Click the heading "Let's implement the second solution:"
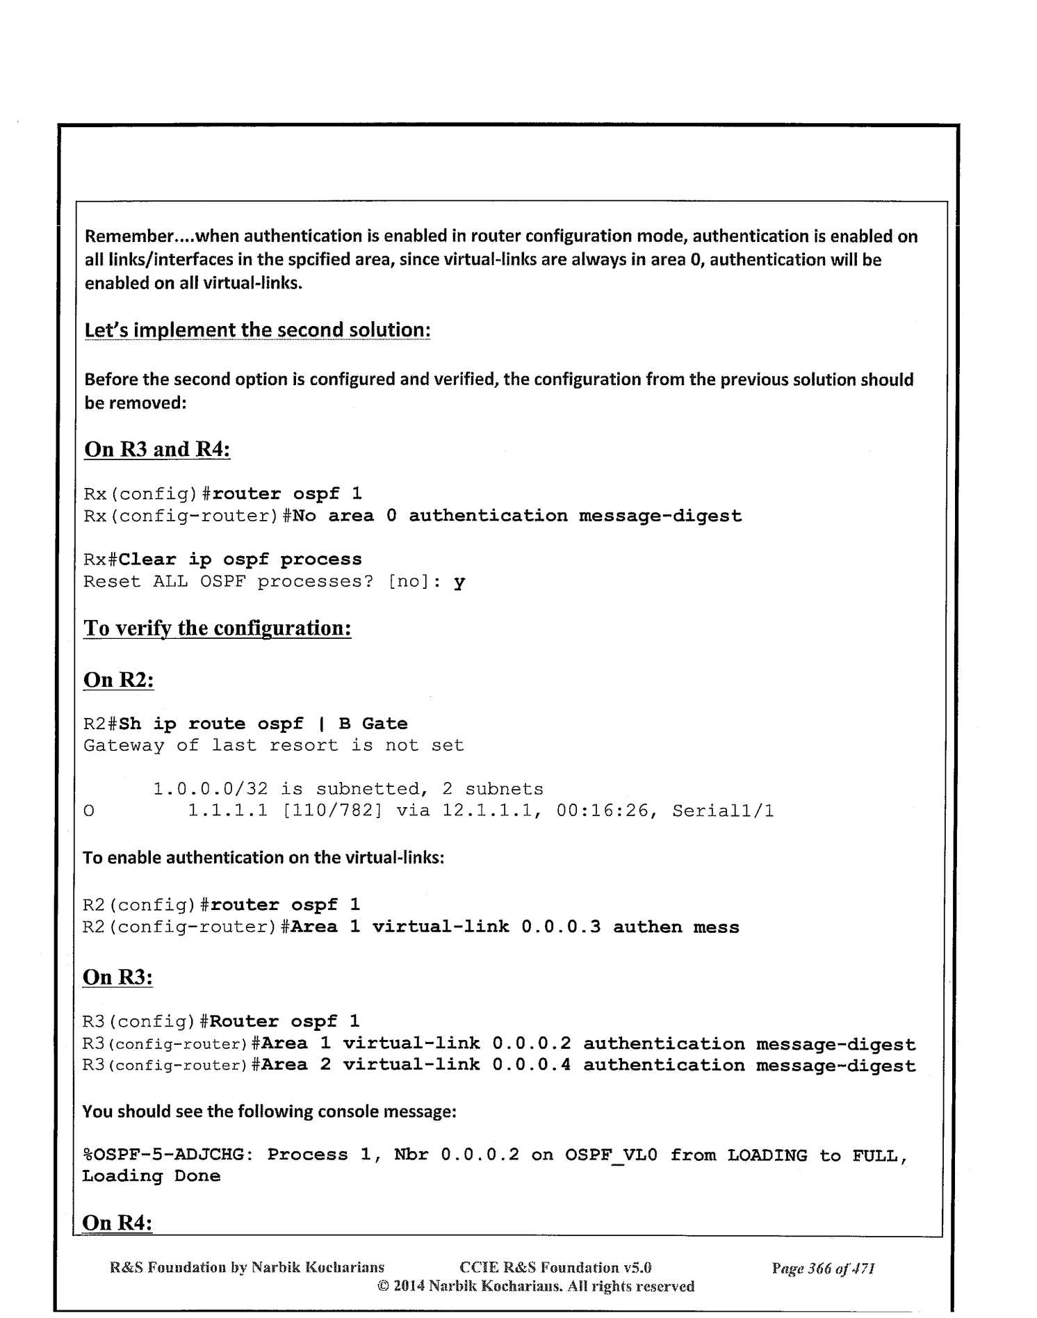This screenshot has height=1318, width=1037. pos(257,329)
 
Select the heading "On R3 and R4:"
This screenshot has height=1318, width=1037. pos(156,449)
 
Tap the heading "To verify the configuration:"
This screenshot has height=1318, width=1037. pos(217,628)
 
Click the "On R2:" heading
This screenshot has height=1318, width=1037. pos(118,679)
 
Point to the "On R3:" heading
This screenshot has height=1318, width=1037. pos(117,977)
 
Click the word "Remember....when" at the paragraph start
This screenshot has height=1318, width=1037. pos(150,236)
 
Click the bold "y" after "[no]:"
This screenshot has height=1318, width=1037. pos(459,582)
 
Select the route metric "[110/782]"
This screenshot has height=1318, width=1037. pos(329,811)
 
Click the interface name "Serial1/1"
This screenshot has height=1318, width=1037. pos(723,811)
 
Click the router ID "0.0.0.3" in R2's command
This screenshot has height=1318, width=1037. pos(561,927)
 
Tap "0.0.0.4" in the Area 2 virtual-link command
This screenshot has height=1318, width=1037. pos(531,1065)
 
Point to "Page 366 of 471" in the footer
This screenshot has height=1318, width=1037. pos(823,1268)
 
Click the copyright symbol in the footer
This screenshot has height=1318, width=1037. pos(382,1286)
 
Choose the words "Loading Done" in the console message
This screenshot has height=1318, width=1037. pos(151,1176)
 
